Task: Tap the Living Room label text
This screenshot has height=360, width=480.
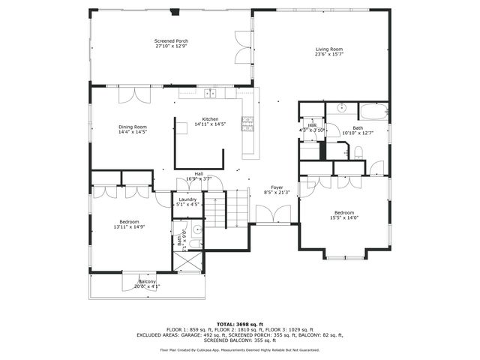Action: [x=329, y=49]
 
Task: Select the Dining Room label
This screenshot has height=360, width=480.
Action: [x=132, y=127]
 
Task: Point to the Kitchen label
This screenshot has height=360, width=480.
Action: [x=210, y=120]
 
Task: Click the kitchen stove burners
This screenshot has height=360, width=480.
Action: [x=247, y=121]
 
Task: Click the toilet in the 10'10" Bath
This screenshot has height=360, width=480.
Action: [x=358, y=153]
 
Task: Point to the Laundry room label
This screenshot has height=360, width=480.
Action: [x=187, y=199]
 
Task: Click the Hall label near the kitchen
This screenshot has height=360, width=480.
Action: [x=199, y=174]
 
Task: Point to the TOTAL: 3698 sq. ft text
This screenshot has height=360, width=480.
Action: [x=239, y=321]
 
